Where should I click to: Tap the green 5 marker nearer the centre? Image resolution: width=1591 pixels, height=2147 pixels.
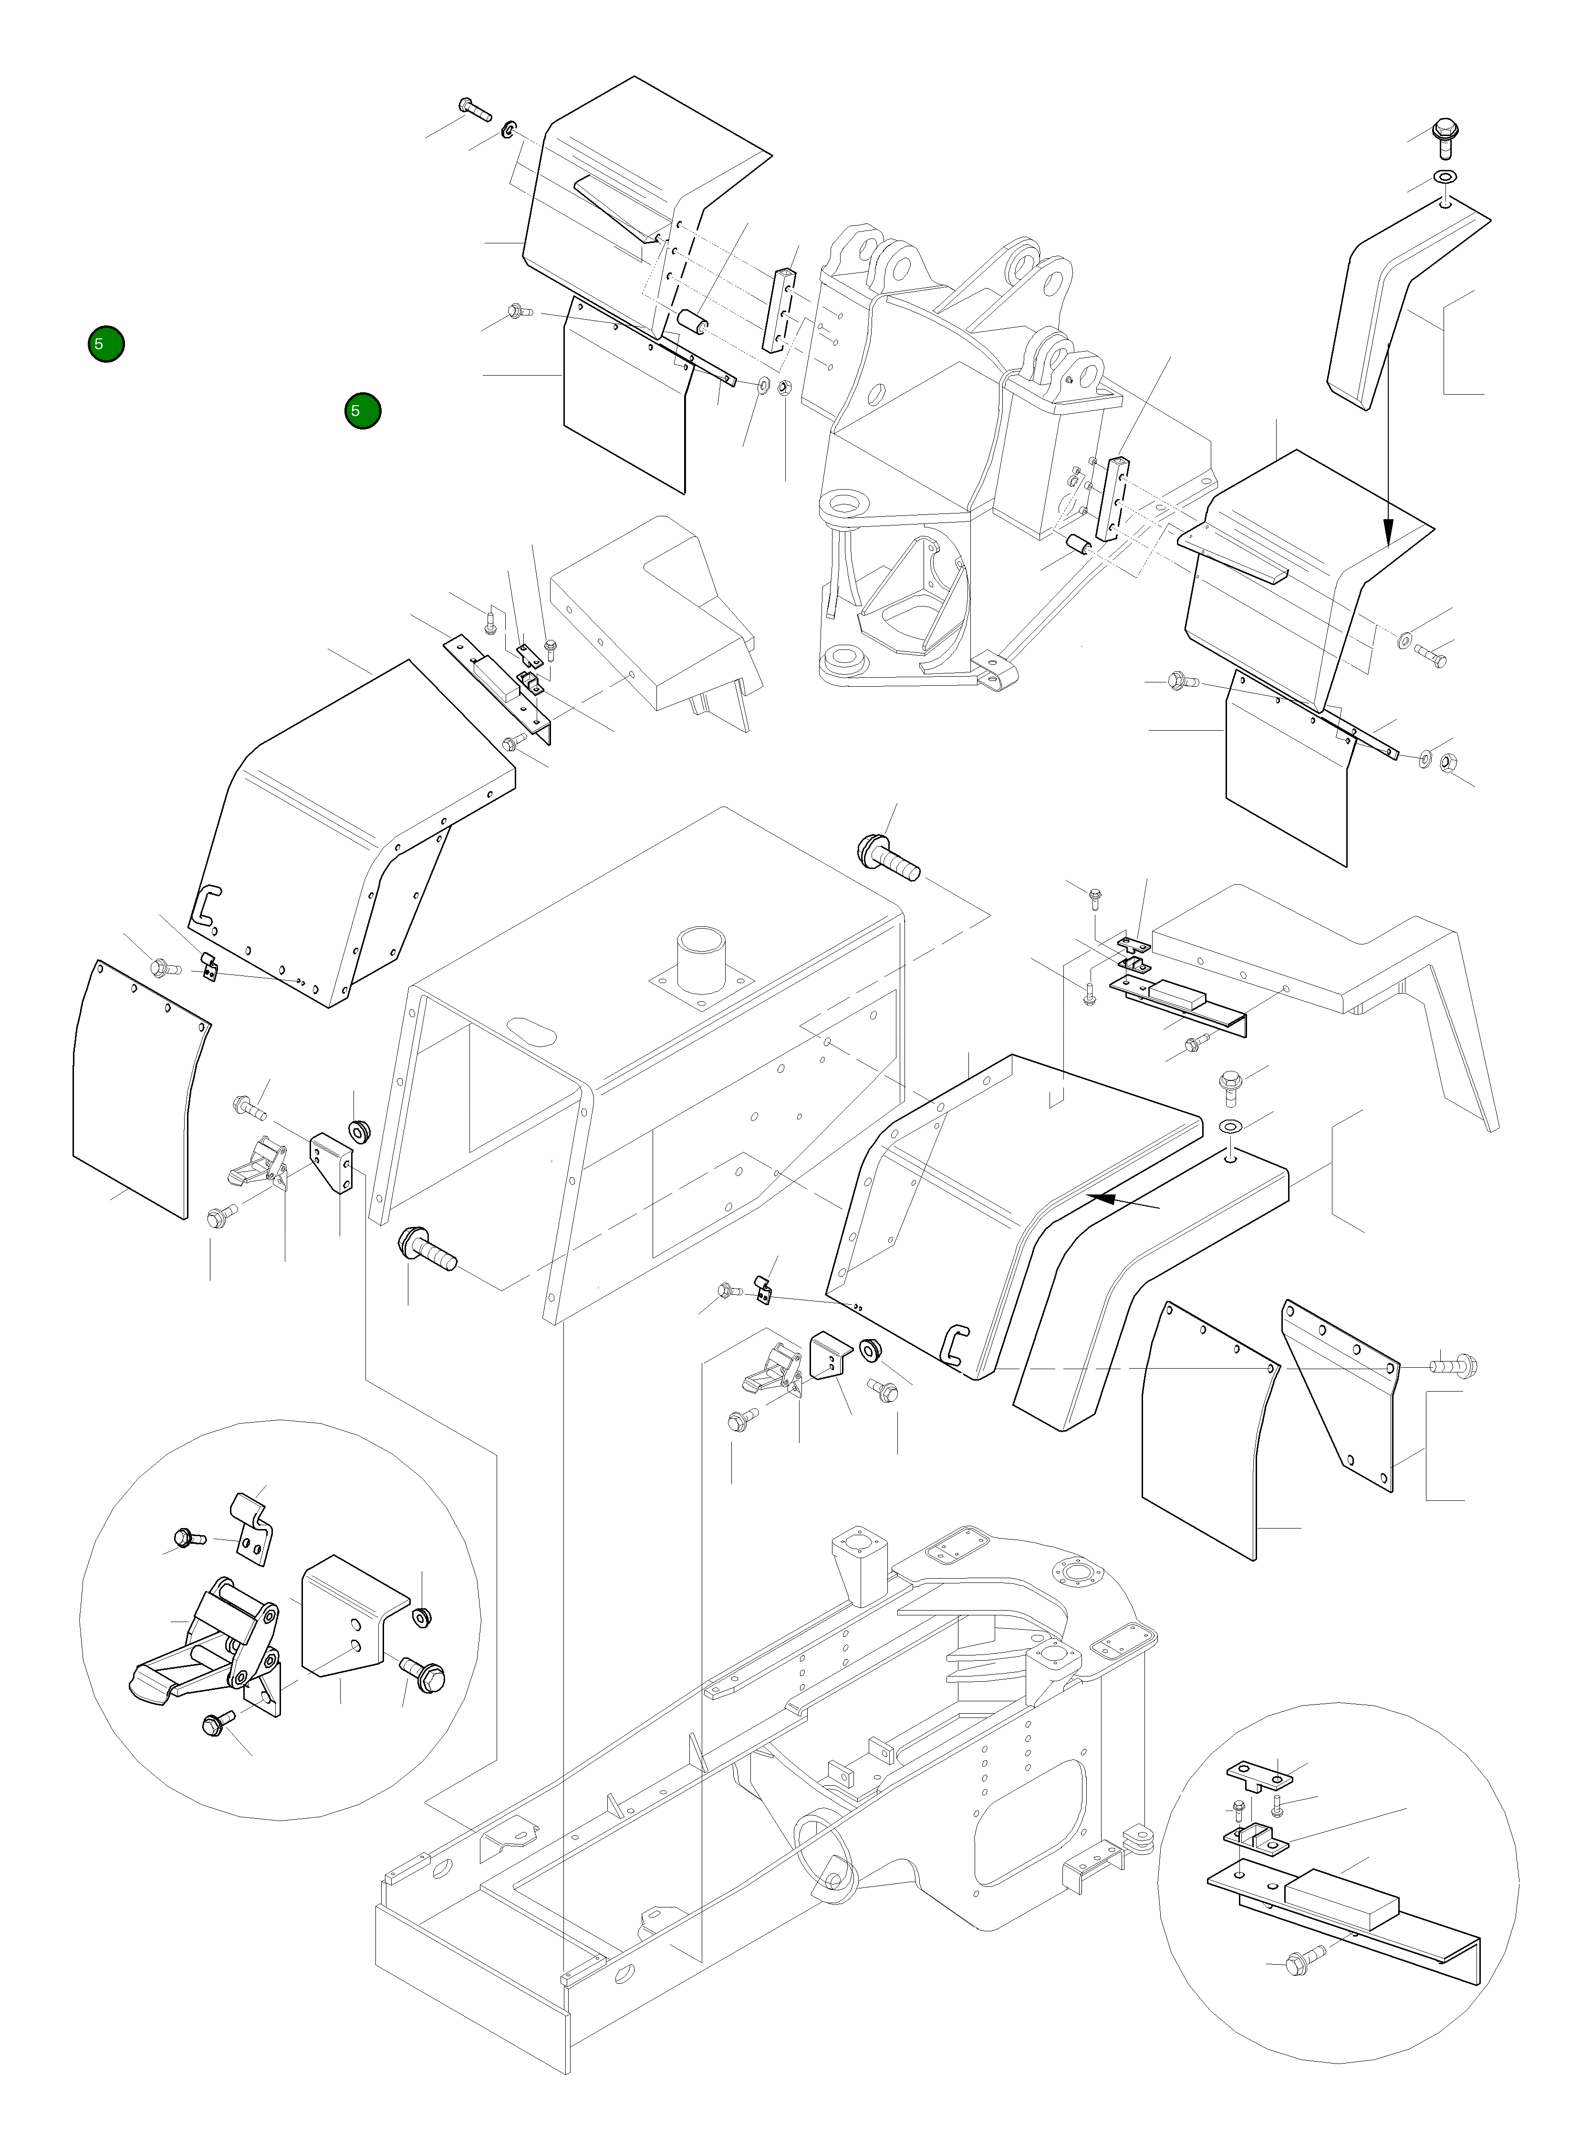362,411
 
